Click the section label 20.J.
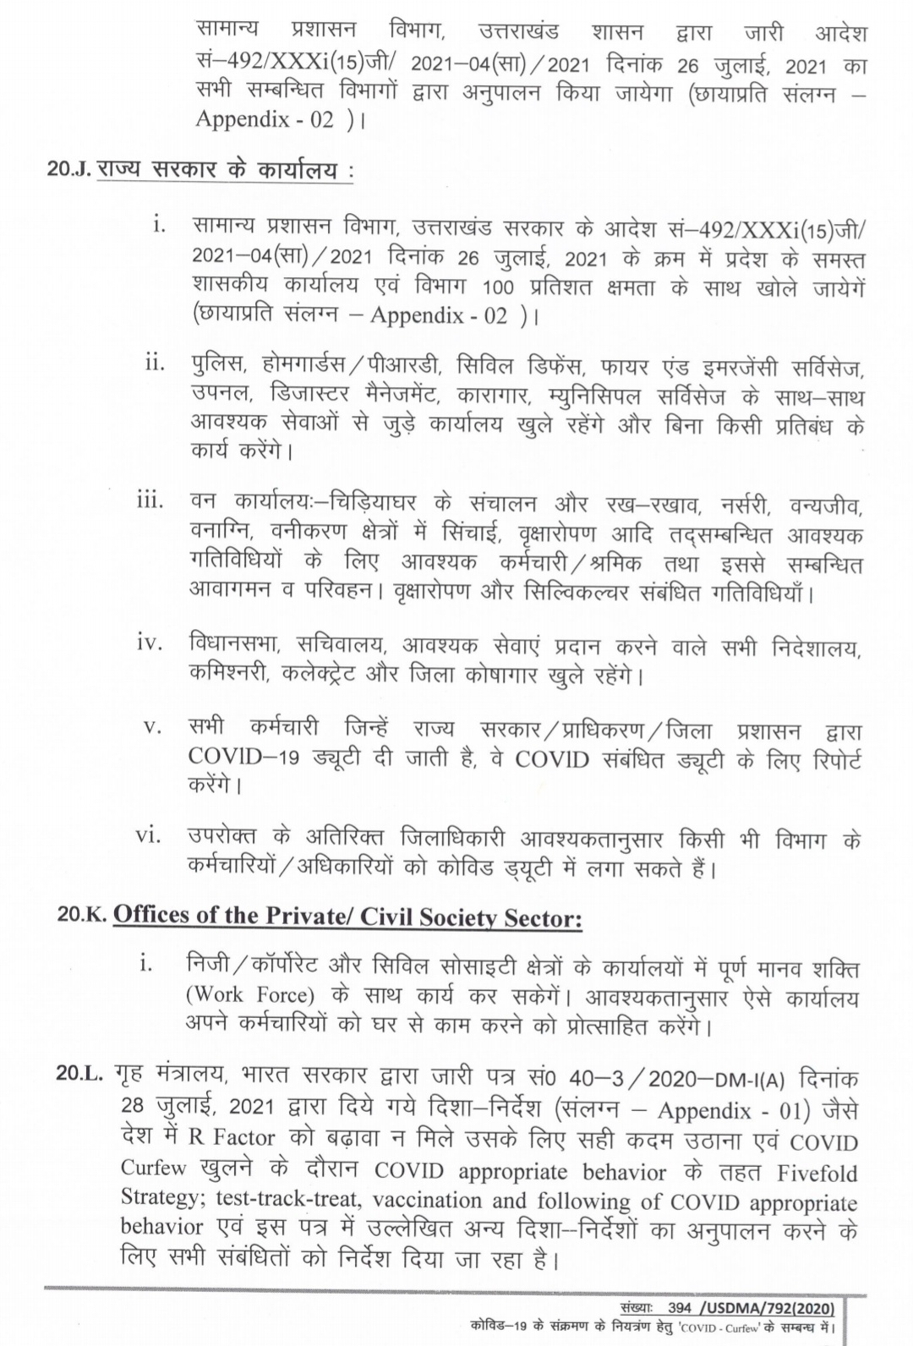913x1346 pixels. (70, 169)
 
